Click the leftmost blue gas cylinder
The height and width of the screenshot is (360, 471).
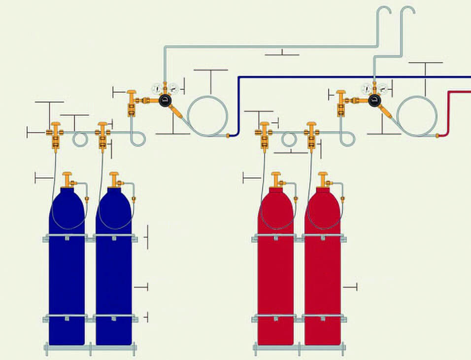pos(67,276)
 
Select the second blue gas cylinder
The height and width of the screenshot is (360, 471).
pos(114,276)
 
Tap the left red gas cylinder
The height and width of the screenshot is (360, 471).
pos(275,276)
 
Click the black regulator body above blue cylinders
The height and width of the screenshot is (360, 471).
pos(165,100)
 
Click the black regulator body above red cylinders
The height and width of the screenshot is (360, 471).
pos(374,101)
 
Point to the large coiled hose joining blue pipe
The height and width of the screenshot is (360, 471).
pos(207,115)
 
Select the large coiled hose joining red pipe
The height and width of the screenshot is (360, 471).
pos(417,115)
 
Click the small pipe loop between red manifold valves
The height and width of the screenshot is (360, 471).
pos(289,140)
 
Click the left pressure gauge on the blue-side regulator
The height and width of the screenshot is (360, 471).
pos(157,89)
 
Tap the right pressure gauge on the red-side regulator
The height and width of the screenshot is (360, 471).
pos(382,89)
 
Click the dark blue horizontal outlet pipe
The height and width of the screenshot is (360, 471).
pos(345,77)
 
